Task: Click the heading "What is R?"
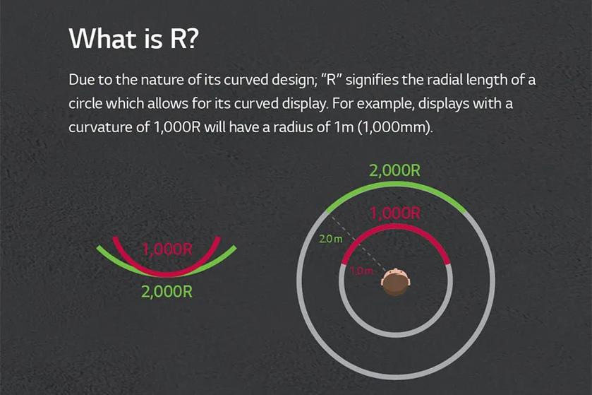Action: point(133,39)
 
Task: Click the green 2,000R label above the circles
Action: point(394,171)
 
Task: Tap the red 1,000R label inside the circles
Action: point(395,213)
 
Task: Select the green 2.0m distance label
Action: point(331,239)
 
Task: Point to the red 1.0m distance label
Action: point(361,271)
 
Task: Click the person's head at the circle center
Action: point(395,282)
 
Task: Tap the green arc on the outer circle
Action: point(396,184)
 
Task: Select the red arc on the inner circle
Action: point(395,227)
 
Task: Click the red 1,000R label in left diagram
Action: point(167,249)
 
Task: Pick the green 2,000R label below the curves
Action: point(167,292)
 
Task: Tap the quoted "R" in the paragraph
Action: point(331,80)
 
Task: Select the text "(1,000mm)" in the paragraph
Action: point(394,127)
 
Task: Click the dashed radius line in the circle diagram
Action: point(358,243)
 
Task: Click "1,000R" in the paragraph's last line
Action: point(177,127)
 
